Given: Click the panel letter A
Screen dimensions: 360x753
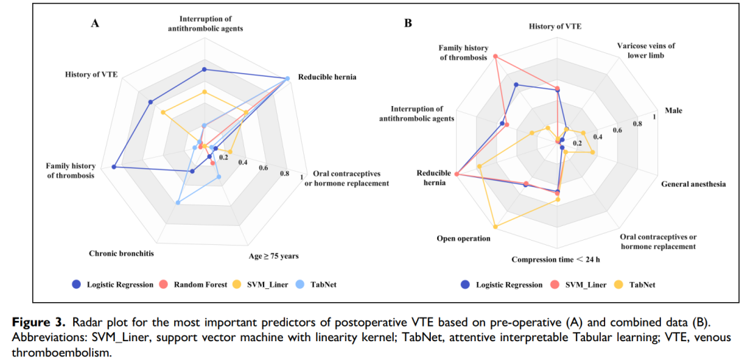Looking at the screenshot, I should (95, 24).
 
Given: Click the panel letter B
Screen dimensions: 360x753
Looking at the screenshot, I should (409, 23).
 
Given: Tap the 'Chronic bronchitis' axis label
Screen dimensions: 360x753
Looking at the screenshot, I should (121, 253).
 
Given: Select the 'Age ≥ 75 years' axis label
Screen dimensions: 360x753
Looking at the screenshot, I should (273, 256).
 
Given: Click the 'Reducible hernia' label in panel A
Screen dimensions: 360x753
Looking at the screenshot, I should (327, 77).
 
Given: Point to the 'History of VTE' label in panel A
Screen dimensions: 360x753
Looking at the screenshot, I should (91, 74).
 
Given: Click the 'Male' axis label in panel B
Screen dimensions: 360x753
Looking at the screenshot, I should (674, 110).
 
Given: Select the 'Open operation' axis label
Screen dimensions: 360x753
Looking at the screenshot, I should (463, 239).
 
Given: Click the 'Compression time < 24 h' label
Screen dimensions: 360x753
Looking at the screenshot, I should (556, 260).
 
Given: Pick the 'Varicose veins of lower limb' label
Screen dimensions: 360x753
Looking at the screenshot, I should (646, 51).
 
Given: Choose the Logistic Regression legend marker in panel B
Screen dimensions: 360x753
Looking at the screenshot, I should (465, 285).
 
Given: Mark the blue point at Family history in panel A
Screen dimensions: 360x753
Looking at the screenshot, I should (114, 167).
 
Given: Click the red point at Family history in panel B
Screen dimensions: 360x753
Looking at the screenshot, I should (495, 56).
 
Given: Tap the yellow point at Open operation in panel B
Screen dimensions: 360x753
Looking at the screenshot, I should (495, 227).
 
